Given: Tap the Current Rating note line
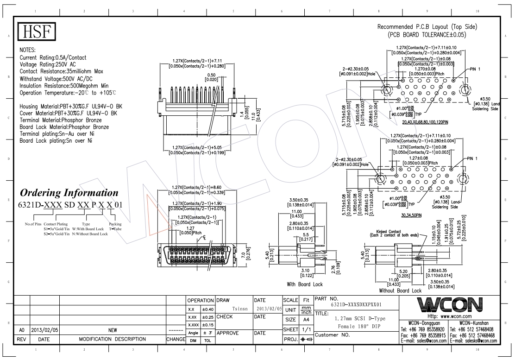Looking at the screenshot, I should point(53,57).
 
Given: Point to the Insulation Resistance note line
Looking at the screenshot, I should point(64,86).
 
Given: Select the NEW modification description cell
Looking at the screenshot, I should point(113,330).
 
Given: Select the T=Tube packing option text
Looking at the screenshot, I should point(115,229).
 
